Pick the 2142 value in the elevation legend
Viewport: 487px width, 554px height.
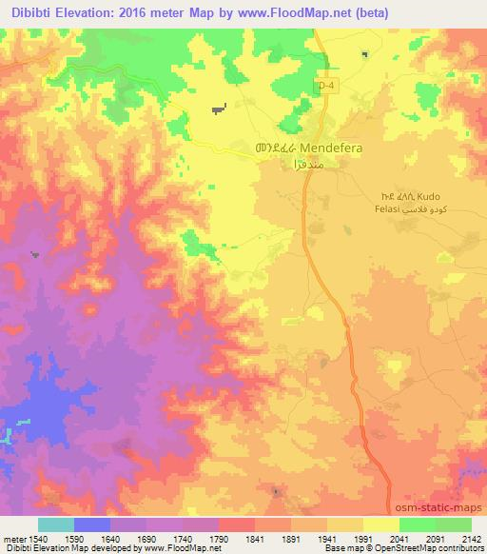click(472, 538)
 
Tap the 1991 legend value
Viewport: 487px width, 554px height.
click(363, 538)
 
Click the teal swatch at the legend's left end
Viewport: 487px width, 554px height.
click(56, 524)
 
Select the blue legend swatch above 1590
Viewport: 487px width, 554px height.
click(92, 524)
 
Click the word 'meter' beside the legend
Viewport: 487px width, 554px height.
click(12, 538)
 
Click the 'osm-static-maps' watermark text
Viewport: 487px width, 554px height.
click(444, 505)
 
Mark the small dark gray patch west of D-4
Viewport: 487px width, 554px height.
click(220, 109)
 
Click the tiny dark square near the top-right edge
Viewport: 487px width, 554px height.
click(365, 54)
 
